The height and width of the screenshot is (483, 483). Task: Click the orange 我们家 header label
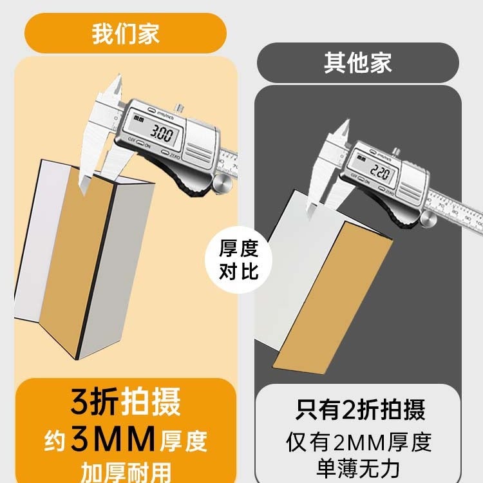(126, 33)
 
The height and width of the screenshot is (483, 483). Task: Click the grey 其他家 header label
(358, 63)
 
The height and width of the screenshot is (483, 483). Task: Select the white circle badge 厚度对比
(240, 260)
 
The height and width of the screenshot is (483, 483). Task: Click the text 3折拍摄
(126, 401)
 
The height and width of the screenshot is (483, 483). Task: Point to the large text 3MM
(113, 440)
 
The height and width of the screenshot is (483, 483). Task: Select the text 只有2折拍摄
(360, 410)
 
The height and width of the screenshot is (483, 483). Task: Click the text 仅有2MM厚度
(359, 442)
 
